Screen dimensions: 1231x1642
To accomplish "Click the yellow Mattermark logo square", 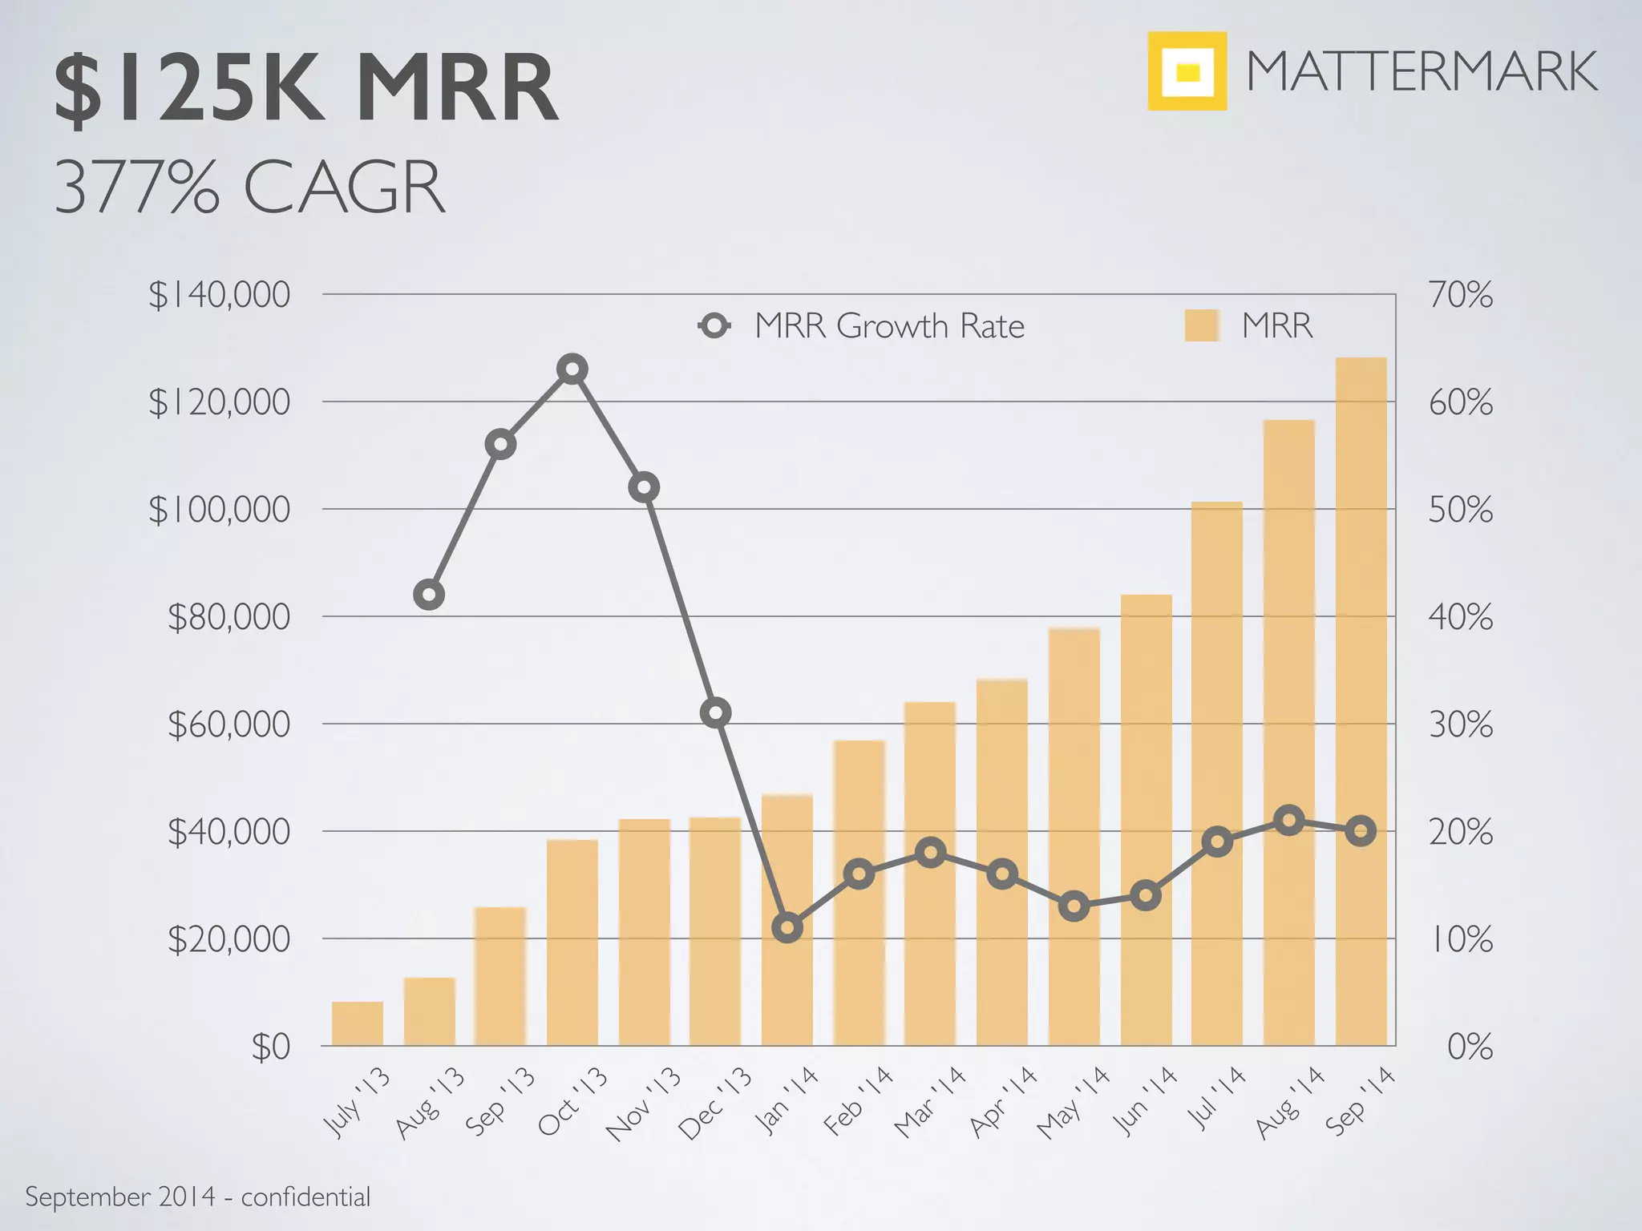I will pyautogui.click(x=1187, y=71).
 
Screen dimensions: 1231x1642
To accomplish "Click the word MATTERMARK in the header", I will pyautogui.click(x=1421, y=72).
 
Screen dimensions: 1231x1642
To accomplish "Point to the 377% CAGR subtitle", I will pyautogui.click(x=249, y=188).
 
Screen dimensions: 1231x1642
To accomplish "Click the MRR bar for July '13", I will pyautogui.click(x=358, y=1023).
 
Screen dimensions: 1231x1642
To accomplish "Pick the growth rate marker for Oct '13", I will pyautogui.click(x=572, y=369).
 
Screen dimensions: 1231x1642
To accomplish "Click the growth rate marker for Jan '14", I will pyautogui.click(x=787, y=928).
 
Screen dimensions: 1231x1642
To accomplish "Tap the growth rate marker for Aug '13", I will pyautogui.click(x=429, y=595).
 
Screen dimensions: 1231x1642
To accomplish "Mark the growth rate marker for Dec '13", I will pyautogui.click(x=715, y=712).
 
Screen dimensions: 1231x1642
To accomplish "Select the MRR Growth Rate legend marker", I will pyautogui.click(x=714, y=326).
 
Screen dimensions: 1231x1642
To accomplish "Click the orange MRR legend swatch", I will pyautogui.click(x=1201, y=326).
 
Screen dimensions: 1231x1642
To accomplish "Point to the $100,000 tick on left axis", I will pyautogui.click(x=220, y=510).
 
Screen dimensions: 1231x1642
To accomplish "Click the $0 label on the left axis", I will pyautogui.click(x=270, y=1047).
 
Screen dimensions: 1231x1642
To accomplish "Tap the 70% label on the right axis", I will pyautogui.click(x=1460, y=295).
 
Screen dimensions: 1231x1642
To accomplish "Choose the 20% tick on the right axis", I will pyautogui.click(x=1460, y=833).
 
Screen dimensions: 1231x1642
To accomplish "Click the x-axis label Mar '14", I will pyautogui.click(x=930, y=1103).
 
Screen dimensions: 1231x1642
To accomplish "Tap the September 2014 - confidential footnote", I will pyautogui.click(x=198, y=1197).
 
